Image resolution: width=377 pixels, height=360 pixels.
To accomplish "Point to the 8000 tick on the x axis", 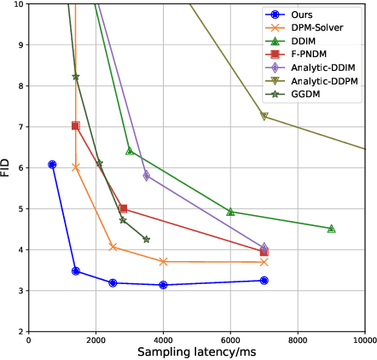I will point(298,339).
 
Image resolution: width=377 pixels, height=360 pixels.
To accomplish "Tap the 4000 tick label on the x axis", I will point(163,339).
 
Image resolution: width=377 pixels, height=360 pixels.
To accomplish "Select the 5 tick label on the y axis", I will point(20,208).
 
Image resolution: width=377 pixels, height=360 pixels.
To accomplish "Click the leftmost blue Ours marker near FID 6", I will point(53,165).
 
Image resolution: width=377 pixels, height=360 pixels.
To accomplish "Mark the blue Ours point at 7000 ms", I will point(264,280).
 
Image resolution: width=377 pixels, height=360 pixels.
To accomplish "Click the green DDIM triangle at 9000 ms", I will point(332,229).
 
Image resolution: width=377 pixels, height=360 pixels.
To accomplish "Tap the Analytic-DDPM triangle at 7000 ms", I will point(264,116).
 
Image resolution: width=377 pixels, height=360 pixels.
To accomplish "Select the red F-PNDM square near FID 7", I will point(76,125).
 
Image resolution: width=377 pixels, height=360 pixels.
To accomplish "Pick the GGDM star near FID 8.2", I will point(76,77).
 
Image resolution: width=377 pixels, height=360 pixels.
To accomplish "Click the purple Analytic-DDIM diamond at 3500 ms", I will point(147,176).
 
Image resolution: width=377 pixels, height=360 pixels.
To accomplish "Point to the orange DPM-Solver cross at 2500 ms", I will point(113,247).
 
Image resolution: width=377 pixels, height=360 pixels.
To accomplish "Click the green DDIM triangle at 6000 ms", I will point(230,212).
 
